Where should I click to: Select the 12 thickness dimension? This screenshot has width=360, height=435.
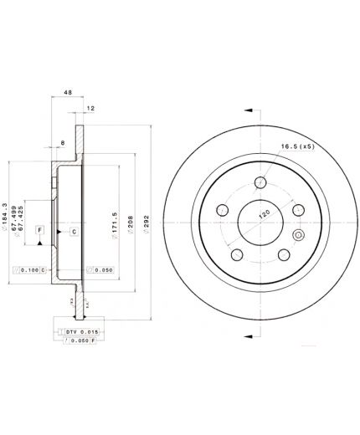[90, 109]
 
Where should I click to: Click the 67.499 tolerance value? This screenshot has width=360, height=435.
[25, 211]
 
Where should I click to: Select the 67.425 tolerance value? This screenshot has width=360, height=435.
[34, 211]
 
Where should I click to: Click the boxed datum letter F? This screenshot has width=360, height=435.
[39, 229]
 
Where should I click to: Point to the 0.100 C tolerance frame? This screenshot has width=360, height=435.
[31, 270]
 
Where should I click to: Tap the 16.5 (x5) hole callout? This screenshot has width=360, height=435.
[296, 145]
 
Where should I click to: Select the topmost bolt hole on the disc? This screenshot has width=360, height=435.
[261, 182]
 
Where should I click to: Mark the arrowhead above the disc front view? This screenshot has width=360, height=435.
[248, 110]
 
